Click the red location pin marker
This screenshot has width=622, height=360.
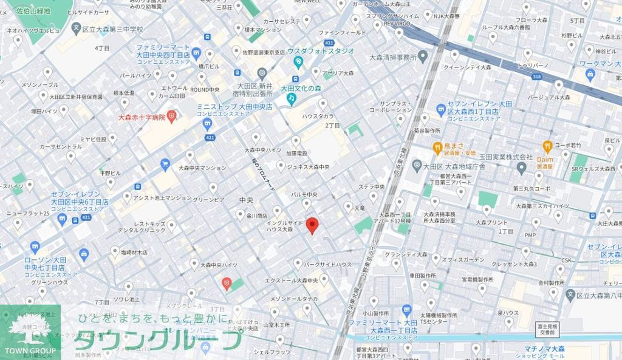point(312,225)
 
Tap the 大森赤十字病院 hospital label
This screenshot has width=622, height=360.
point(142,117)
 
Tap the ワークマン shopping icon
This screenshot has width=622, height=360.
point(589,74)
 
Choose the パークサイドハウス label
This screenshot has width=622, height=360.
point(327,265)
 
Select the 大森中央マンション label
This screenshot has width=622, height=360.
point(202,168)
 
